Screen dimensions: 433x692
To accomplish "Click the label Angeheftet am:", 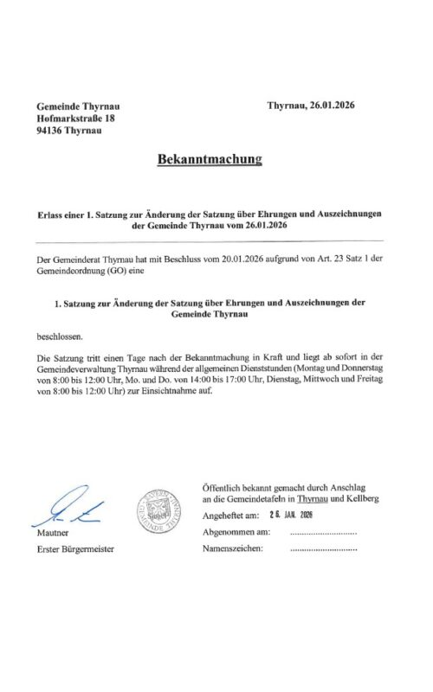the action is click(x=229, y=516).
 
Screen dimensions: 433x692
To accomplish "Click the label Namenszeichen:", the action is click(x=231, y=548).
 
